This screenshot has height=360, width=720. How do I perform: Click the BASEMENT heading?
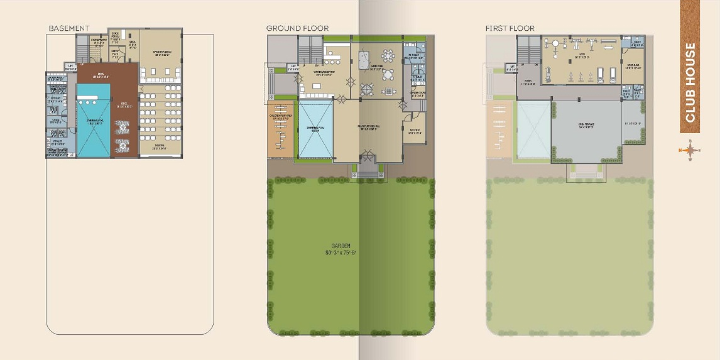point(69,28)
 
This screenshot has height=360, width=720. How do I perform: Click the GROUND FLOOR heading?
point(297,28)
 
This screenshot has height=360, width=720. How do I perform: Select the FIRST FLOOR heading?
point(510,28)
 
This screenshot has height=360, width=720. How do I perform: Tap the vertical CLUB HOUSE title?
point(690,82)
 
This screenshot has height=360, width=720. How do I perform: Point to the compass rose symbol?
point(690,150)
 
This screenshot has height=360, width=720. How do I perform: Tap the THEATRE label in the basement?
point(160,148)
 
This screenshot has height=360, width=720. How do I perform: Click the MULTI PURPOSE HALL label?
point(368,127)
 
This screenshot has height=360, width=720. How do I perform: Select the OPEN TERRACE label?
point(586,124)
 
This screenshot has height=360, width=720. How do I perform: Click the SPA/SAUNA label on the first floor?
point(632,67)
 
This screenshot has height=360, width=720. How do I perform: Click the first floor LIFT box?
point(512,65)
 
